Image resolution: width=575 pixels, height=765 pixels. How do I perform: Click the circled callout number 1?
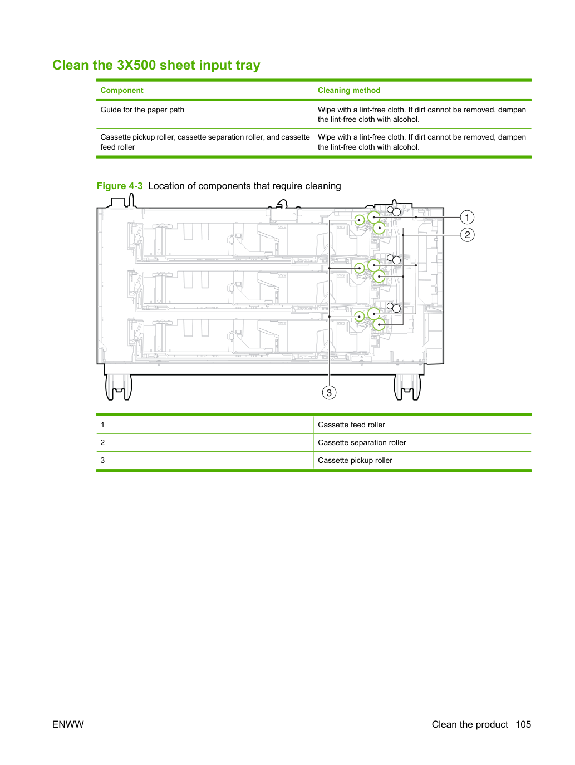467,218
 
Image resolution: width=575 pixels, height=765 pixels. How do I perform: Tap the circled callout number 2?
467,235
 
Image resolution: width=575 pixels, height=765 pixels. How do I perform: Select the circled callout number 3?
329,393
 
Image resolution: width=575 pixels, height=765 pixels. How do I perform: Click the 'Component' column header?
122,90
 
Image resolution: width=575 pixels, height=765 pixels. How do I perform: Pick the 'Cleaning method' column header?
348,90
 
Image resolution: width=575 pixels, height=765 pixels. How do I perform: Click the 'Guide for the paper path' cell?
142,110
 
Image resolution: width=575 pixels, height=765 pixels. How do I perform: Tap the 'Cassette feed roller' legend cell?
351,425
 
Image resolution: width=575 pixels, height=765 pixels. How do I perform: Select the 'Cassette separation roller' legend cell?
362,442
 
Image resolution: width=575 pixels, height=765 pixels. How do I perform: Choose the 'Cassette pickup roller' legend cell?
355,460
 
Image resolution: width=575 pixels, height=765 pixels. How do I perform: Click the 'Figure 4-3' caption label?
120,186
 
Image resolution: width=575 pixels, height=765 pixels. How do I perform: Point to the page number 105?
523,724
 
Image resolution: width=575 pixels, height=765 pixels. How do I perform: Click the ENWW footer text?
68,724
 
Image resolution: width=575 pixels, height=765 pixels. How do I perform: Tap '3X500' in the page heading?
137,65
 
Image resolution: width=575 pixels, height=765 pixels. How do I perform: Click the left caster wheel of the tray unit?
119,387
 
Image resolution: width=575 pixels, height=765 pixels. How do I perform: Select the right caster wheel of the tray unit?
407,387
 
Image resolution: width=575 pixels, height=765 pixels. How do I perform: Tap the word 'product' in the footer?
492,724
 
